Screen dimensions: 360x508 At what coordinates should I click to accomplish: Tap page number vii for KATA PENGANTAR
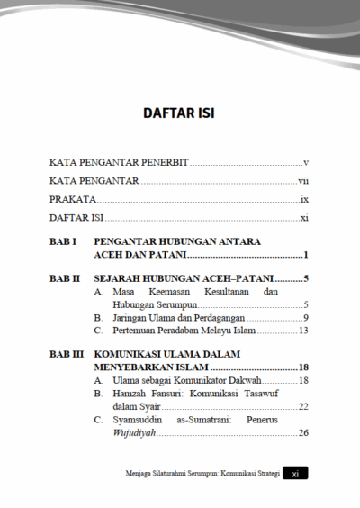tap(304, 181)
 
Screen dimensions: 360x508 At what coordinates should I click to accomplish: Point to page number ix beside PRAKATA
tap(305, 199)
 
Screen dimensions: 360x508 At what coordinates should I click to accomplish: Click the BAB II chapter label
tap(65, 279)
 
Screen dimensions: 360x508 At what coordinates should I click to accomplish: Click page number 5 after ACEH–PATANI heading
tap(307, 279)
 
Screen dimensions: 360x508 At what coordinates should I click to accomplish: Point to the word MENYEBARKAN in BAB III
tap(138, 368)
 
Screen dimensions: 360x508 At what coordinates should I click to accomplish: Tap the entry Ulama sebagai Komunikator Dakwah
tap(187, 381)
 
